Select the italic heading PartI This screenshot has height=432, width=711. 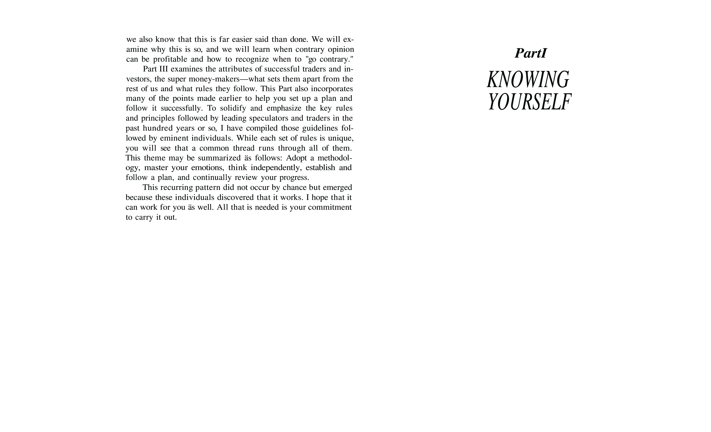coord(531,53)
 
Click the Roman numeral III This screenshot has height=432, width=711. coord(163,69)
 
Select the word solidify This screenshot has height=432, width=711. coord(233,108)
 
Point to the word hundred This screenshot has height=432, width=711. coord(158,128)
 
